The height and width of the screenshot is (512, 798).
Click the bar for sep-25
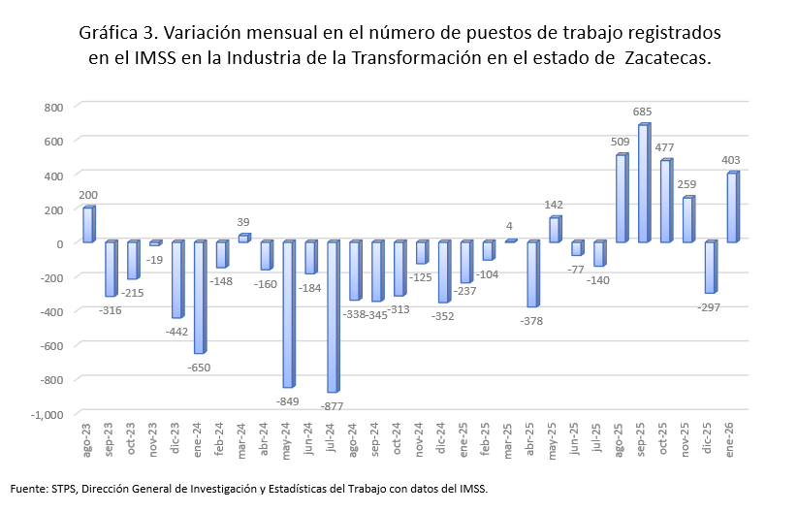(643, 183)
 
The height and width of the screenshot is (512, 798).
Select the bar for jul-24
(333, 317)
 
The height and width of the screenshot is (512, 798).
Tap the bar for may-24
(288, 314)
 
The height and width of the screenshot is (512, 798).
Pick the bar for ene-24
(199, 298)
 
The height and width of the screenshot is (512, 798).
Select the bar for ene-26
(731, 208)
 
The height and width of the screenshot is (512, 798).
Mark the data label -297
(710, 307)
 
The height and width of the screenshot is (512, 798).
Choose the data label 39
(244, 223)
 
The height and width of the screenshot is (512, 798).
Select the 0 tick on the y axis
(58, 243)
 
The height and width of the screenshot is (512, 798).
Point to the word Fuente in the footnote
(30, 489)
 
